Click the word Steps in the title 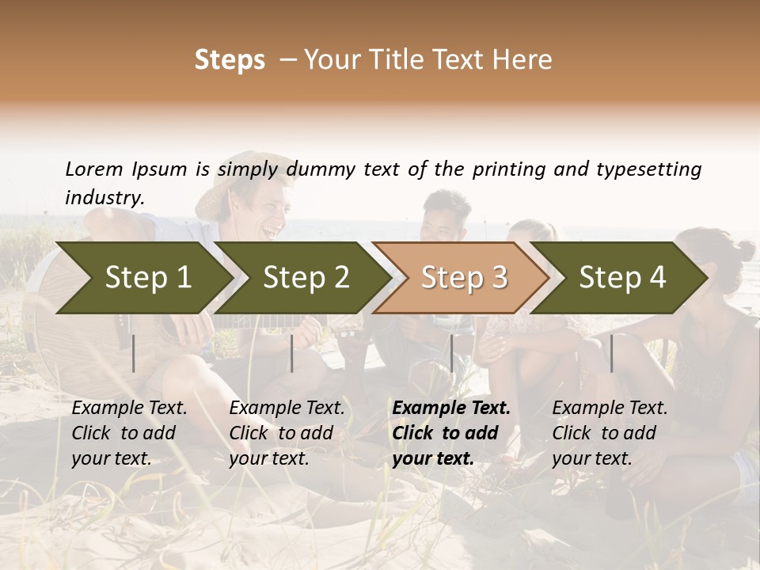pos(229,60)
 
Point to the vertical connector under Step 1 pos(134,353)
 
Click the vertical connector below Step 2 pos(292,353)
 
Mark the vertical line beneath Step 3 pos(452,353)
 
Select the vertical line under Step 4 pos(612,353)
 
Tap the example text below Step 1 pos(129,433)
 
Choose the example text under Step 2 pos(287,433)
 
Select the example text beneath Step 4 pos(610,433)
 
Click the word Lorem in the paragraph pos(94,169)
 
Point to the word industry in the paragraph pos(103,198)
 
